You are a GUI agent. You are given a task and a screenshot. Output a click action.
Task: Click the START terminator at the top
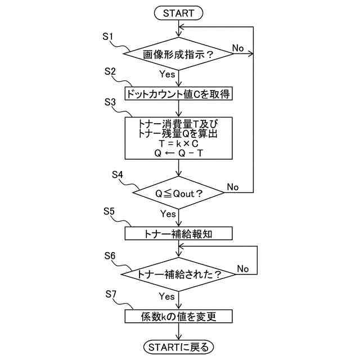tap(178, 12)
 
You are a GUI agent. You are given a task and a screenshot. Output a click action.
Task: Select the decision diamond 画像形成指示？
tap(178, 55)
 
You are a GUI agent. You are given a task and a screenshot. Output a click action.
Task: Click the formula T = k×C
tap(178, 143)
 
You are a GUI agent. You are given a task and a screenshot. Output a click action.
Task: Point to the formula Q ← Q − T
tap(178, 152)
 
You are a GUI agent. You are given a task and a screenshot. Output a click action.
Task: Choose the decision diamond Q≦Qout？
tap(178, 193)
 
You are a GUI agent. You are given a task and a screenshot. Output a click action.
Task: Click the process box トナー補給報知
tap(178, 232)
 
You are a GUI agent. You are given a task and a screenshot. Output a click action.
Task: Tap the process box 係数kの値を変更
tap(178, 317)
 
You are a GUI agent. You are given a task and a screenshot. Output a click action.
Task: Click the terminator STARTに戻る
tap(178, 346)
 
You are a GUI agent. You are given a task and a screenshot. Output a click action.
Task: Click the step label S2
tap(110, 71)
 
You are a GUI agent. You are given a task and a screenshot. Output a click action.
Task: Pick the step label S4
tap(118, 174)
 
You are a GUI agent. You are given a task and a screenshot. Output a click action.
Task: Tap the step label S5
tap(110, 211)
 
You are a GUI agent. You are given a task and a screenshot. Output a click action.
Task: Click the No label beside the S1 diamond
tap(238, 48)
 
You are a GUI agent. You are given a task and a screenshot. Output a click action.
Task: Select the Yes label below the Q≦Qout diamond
tap(168, 214)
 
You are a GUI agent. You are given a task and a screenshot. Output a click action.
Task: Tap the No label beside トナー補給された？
tap(242, 269)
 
